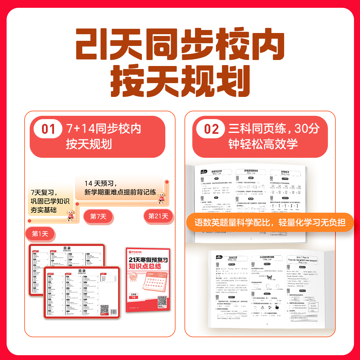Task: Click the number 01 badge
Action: point(48,129)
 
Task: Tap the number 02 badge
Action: point(211,129)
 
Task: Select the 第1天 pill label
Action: point(40,234)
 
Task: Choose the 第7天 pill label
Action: point(98,216)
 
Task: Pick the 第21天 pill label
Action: point(158,216)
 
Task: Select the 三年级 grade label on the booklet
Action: point(133,295)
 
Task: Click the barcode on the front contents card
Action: point(113,312)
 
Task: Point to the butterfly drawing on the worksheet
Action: point(269,277)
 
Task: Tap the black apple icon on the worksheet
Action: point(277,307)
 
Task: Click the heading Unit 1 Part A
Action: point(302,257)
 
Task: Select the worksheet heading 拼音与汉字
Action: point(217,172)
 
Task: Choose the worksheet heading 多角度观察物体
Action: point(251,171)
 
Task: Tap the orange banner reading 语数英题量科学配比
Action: point(270,222)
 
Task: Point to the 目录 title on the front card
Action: point(82,271)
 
